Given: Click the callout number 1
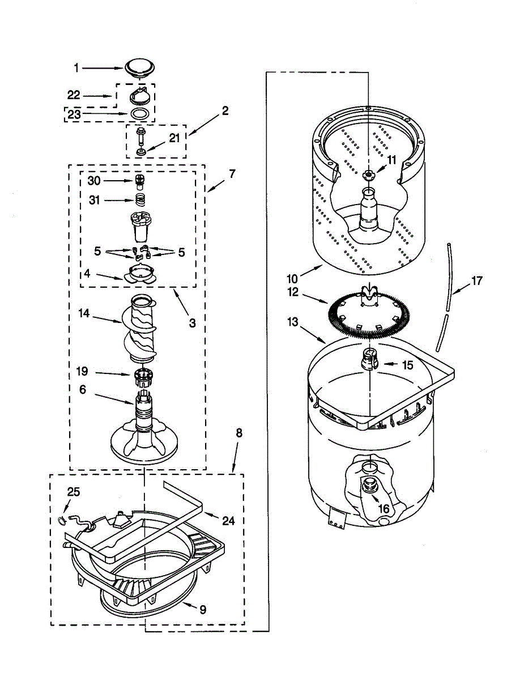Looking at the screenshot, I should (x=77, y=68).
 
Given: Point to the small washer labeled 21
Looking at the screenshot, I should (x=140, y=152).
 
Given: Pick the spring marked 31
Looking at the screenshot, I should (x=139, y=199).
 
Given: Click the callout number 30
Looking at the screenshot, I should (x=94, y=181).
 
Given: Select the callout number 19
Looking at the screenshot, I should (x=83, y=372).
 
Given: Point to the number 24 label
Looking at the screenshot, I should (x=228, y=520).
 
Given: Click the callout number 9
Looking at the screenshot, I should (x=202, y=610).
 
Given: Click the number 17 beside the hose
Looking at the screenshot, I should (x=476, y=280).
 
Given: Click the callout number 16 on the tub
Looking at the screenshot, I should (x=384, y=508).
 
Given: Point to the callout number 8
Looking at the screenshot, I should (x=238, y=433).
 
